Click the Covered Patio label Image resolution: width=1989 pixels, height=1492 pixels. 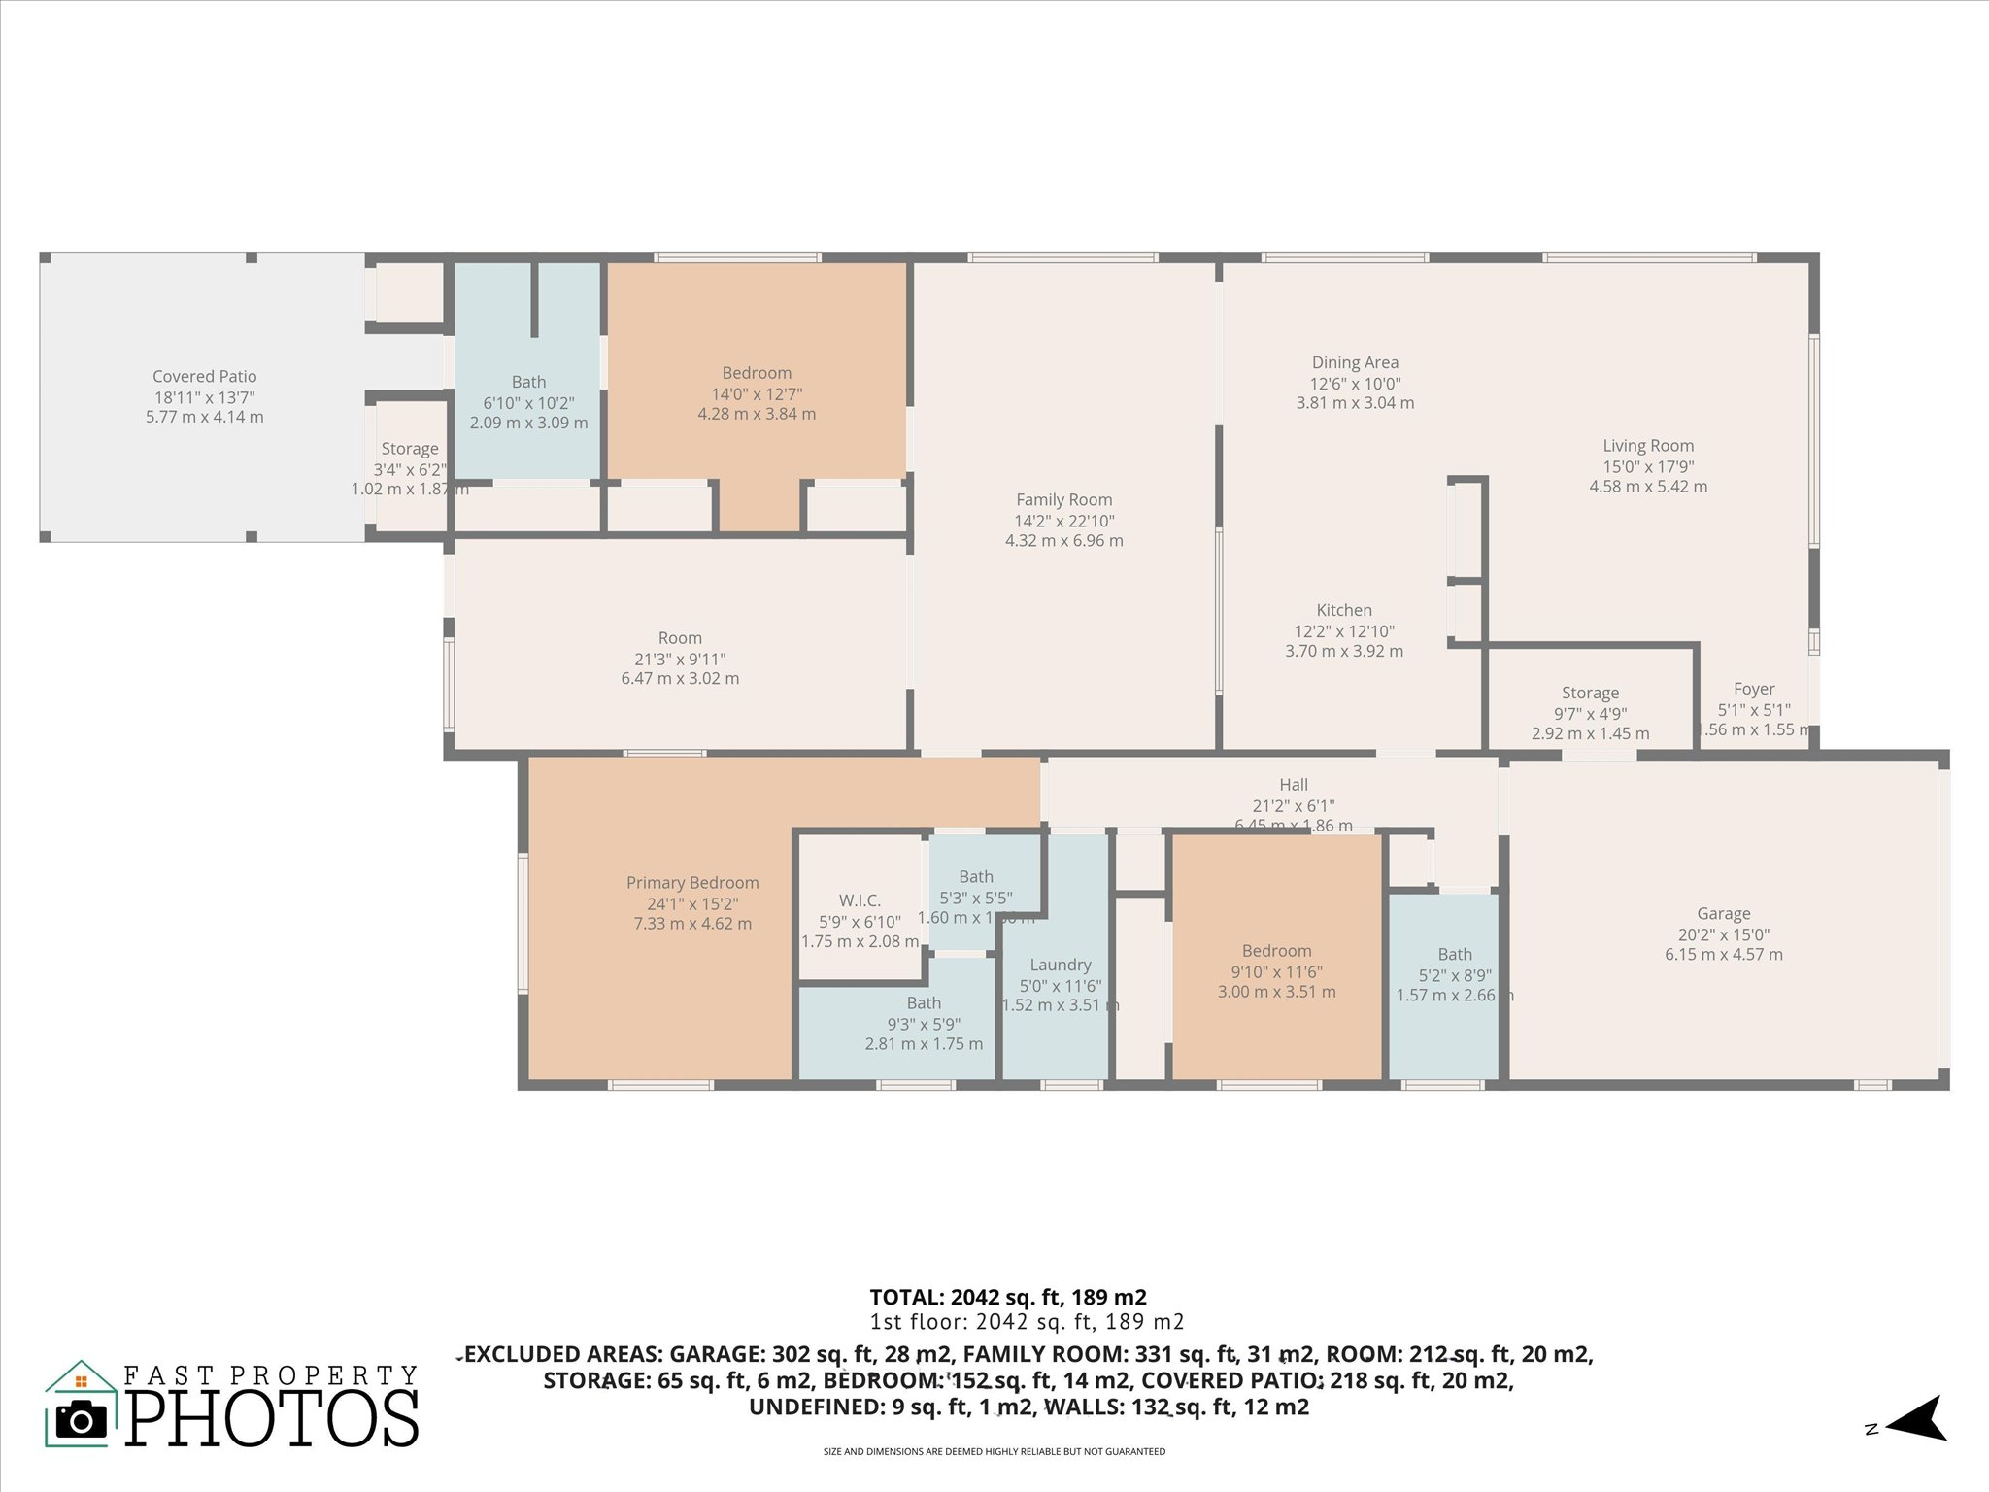[x=204, y=377]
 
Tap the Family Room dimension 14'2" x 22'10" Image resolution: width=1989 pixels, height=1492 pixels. [x=1063, y=521]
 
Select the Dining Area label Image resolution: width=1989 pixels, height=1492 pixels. [x=1355, y=363]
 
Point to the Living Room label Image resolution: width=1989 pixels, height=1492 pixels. [x=1648, y=446]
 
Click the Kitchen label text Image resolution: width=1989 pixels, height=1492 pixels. [x=1344, y=610]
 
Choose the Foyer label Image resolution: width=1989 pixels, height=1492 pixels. [x=1753, y=689]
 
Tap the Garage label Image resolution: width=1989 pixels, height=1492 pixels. [x=1723, y=914]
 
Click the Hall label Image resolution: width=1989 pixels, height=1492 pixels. [x=1293, y=785]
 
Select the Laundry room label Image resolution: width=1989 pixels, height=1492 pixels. [x=1060, y=965]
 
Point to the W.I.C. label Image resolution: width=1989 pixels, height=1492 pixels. [x=860, y=900]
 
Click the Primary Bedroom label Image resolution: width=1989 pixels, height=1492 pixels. [x=692, y=883]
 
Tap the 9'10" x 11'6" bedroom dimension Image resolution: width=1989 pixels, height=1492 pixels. [x=1276, y=971]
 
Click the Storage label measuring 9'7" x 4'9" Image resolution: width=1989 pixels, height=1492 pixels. [x=1590, y=694]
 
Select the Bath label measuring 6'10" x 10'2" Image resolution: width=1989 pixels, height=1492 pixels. [x=528, y=383]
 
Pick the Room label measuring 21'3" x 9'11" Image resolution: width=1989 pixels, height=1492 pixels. [x=680, y=638]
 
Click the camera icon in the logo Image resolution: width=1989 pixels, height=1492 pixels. [x=82, y=1420]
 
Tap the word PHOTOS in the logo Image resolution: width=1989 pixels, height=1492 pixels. [x=272, y=1419]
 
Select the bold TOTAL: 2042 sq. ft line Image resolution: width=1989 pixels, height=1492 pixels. [x=1007, y=1297]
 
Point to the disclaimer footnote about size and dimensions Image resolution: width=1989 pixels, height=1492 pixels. [x=994, y=1452]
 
